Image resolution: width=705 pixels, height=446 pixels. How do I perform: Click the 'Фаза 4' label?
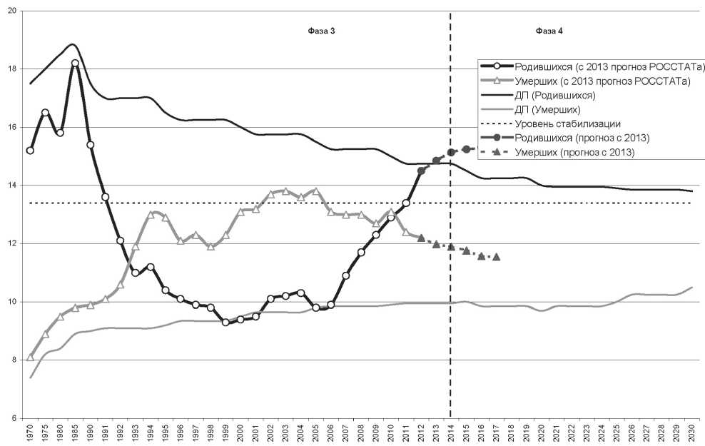[x=549, y=32]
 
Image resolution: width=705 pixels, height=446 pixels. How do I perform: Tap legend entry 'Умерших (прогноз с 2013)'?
[x=575, y=152]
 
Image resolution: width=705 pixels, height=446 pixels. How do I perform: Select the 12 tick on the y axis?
[x=15, y=243]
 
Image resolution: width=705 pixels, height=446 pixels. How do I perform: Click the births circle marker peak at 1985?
[x=75, y=63]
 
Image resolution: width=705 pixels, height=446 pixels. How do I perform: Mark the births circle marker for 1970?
[x=30, y=151]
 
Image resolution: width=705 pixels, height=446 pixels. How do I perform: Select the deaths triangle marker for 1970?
[x=30, y=357]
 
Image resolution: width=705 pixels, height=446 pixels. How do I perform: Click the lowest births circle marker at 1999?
[x=225, y=323]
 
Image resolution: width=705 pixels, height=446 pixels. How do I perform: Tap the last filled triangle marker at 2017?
[x=497, y=256]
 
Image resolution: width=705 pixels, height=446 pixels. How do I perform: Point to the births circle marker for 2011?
[x=406, y=203]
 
